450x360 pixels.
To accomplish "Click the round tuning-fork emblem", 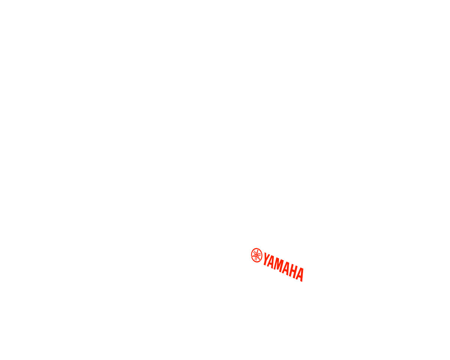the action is click(256, 255).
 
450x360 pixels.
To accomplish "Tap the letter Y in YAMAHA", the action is click(267, 259).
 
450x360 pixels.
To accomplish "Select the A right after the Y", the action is click(271, 262).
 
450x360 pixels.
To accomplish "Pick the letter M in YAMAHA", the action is click(279, 265).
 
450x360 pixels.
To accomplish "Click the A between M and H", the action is click(286, 268).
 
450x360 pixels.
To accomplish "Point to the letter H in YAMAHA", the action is click(293, 271).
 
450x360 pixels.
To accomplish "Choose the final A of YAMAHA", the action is click(300, 275).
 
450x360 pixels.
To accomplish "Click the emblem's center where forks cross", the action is click(256, 255).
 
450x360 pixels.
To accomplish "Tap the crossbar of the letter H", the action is click(294, 271).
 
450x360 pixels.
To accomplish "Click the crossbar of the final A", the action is click(300, 276).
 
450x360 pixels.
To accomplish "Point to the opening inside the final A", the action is click(300, 273).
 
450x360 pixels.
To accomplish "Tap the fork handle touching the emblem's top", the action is click(258, 250).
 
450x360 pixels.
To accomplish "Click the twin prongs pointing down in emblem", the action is click(256, 258).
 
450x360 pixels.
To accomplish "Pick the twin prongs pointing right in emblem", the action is click(259, 255).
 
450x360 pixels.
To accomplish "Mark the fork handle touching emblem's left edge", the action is click(253, 256).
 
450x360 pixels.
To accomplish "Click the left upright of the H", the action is click(291, 270).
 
